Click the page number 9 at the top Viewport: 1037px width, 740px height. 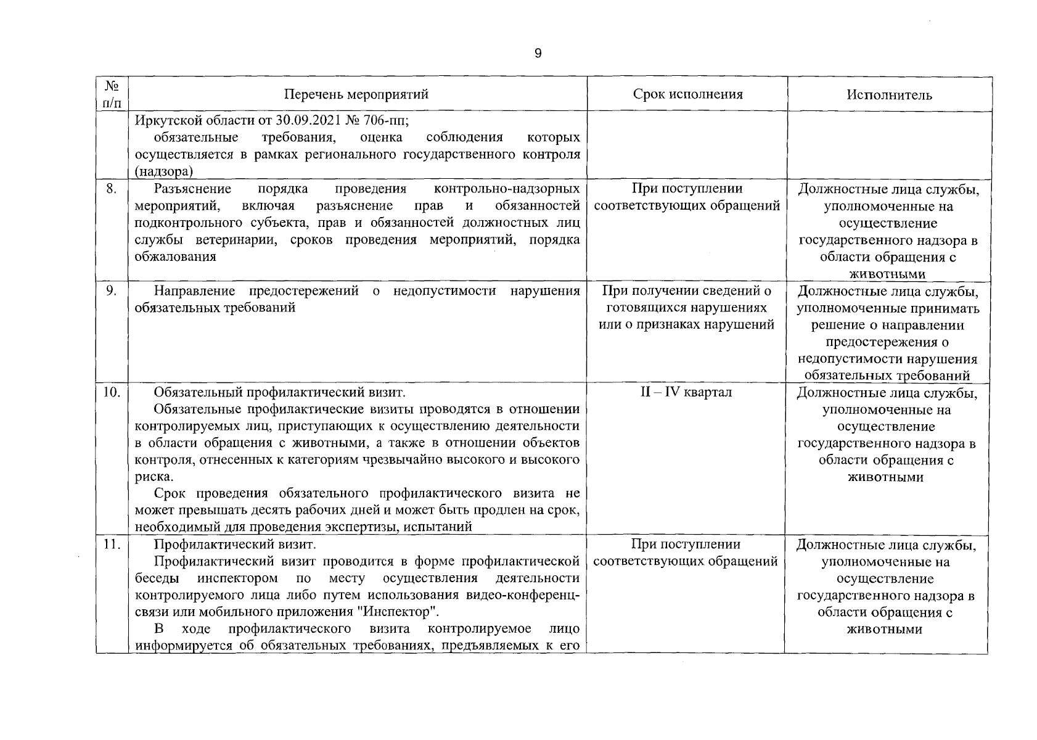coord(538,54)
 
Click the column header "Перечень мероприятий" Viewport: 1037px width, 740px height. coord(356,94)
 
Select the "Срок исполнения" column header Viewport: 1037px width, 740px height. coord(687,94)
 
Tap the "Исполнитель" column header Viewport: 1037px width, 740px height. coord(888,95)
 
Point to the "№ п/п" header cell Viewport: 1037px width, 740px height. coord(112,94)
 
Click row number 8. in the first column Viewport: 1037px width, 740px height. coord(111,189)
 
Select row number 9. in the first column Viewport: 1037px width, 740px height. coord(111,291)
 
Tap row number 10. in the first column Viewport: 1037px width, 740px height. coord(111,392)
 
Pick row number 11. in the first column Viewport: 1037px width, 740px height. coord(111,545)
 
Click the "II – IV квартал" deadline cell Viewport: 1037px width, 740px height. coord(686,392)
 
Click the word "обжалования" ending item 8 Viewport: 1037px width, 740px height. coord(175,257)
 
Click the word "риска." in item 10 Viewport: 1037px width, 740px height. coord(154,477)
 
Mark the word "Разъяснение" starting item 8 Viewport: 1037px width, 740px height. coord(192,189)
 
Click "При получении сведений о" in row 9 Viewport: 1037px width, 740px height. coord(687,291)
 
